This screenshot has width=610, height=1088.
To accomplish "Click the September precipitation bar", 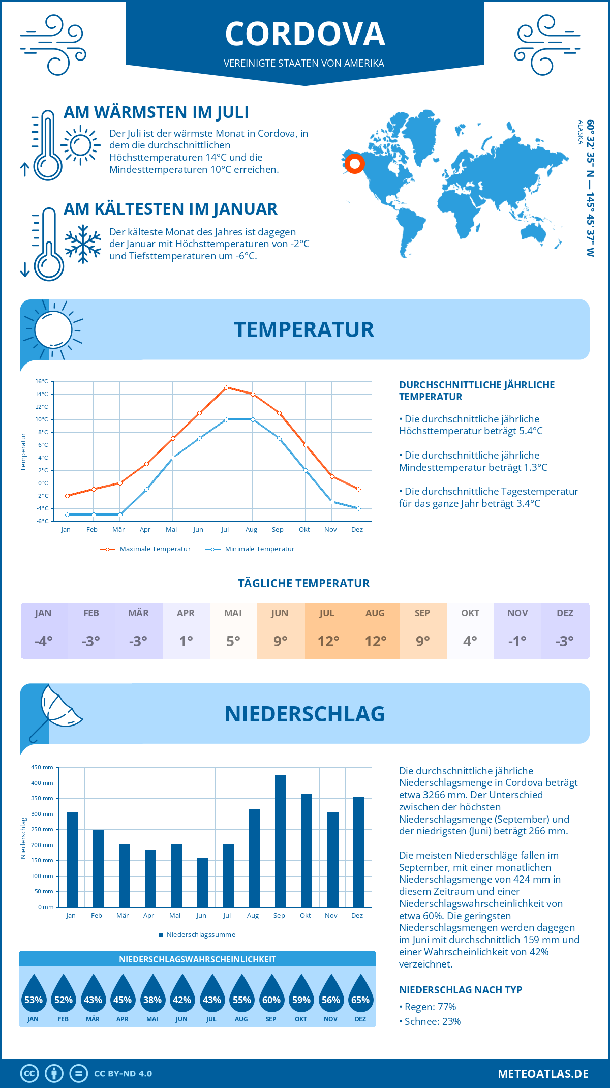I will pyautogui.click(x=280, y=841).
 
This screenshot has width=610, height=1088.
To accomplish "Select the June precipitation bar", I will pyautogui.click(x=202, y=882).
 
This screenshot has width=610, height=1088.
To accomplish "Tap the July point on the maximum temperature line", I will pyautogui.click(x=226, y=387).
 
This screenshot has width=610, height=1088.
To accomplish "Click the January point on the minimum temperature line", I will pyautogui.click(x=67, y=515).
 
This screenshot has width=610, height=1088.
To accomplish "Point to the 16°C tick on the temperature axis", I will pyautogui.click(x=42, y=381).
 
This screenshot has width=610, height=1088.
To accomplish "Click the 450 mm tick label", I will pyautogui.click(x=43, y=767).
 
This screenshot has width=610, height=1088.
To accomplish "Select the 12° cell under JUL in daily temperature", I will pyautogui.click(x=328, y=641).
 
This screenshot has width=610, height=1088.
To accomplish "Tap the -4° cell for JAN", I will pyautogui.click(x=44, y=641).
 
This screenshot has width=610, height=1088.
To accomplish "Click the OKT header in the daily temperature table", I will pyautogui.click(x=470, y=613).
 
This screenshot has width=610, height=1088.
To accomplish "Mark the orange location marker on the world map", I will pyautogui.click(x=354, y=164).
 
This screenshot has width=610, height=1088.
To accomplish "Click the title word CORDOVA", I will pyautogui.click(x=305, y=34).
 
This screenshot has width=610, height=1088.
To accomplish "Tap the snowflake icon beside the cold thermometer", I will pyautogui.click(x=83, y=244).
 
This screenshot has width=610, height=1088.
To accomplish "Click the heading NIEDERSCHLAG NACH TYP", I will pyautogui.click(x=460, y=990).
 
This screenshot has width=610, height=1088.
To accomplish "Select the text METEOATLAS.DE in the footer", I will pyautogui.click(x=543, y=1074).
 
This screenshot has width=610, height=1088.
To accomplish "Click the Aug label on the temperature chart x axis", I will pyautogui.click(x=251, y=530).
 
